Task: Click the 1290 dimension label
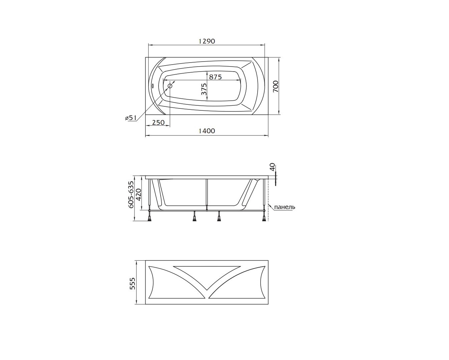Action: pyautogui.click(x=206, y=41)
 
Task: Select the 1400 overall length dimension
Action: pyautogui.click(x=206, y=131)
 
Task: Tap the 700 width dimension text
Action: pyautogui.click(x=275, y=86)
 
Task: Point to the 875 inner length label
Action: pyautogui.click(x=215, y=77)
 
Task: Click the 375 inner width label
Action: pyautogui.click(x=204, y=89)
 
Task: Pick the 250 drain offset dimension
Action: pyautogui.click(x=158, y=122)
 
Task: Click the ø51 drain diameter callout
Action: pyautogui.click(x=130, y=118)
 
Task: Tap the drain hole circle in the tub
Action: pyautogui.click(x=170, y=86)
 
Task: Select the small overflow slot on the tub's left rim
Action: pyautogui.click(x=153, y=86)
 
